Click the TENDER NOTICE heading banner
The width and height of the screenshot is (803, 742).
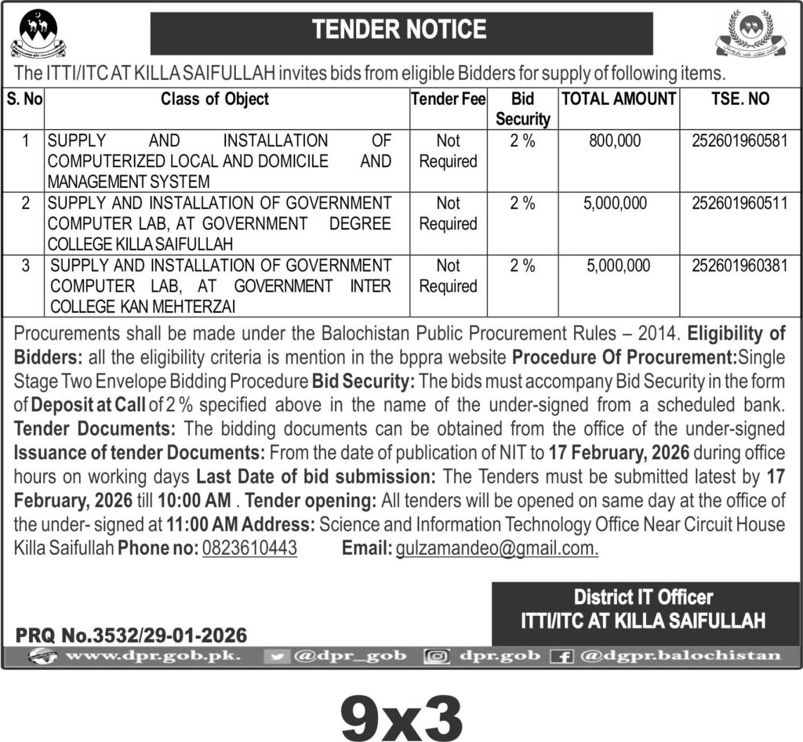point(400,31)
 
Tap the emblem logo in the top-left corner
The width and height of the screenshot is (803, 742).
point(38,35)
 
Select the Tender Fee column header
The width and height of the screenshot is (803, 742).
point(448,100)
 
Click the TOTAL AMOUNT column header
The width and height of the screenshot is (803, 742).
point(618,100)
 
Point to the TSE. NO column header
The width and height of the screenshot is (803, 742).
point(739,100)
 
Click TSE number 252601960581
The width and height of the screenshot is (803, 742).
point(739,141)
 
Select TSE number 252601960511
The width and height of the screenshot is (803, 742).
point(739,204)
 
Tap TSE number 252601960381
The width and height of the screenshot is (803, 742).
point(739,266)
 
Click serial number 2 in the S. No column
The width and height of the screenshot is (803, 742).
point(26,204)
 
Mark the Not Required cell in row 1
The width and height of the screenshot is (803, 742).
point(448,151)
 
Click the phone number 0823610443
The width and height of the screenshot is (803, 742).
point(249,548)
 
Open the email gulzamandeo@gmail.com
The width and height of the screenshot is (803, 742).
point(497,548)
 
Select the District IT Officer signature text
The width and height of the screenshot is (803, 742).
point(643,598)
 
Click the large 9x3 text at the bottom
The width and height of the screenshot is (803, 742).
point(401,711)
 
